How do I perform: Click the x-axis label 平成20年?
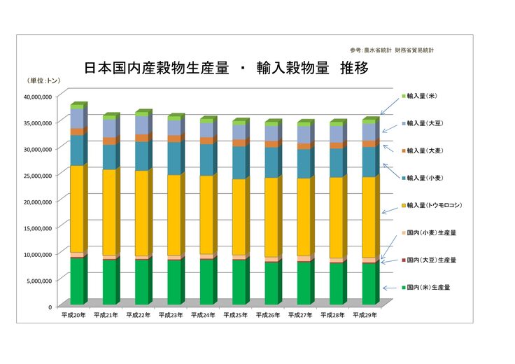tap(73, 315)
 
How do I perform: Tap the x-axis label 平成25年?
tap(236, 315)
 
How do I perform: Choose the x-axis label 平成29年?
tap(365, 315)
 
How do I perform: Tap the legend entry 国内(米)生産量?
tap(428, 287)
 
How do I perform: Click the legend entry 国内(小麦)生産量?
tap(431, 232)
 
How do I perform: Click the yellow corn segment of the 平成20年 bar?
tap(76, 209)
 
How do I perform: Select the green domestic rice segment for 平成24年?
tap(206, 281)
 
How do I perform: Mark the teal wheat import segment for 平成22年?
tap(141, 156)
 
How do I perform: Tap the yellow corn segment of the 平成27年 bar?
tap(303, 217)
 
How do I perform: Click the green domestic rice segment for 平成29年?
tap(368, 283)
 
